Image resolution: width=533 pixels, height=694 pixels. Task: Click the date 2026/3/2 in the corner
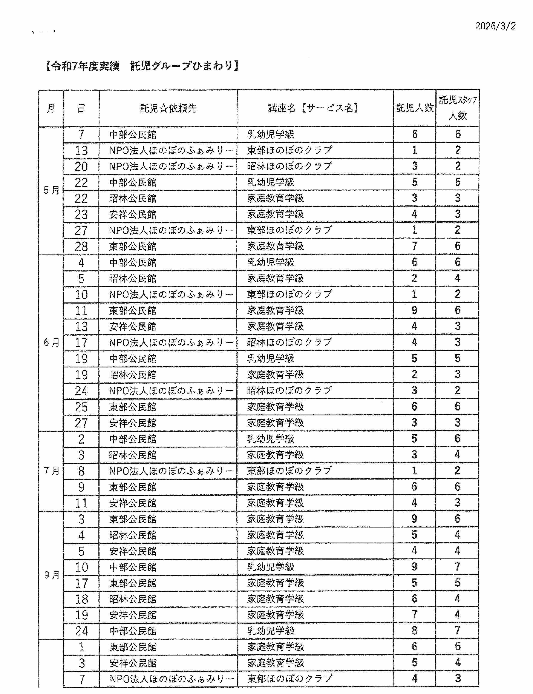click(x=495, y=26)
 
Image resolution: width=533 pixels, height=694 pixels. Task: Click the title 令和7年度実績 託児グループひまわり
click(x=142, y=66)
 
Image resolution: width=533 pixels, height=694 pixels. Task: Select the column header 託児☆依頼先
click(x=168, y=108)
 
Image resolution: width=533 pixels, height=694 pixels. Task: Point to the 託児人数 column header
click(x=415, y=108)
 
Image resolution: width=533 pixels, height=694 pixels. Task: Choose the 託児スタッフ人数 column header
click(x=458, y=108)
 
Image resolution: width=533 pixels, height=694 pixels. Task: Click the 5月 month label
click(x=51, y=190)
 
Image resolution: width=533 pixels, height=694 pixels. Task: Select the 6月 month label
click(x=51, y=342)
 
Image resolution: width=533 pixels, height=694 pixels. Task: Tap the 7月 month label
click(x=51, y=471)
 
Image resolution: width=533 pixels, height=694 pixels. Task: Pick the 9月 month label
click(x=51, y=575)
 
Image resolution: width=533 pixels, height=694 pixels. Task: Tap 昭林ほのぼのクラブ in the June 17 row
click(x=289, y=342)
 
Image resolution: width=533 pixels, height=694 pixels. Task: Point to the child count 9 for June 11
click(x=414, y=310)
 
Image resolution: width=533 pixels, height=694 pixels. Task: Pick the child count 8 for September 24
click(x=414, y=631)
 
